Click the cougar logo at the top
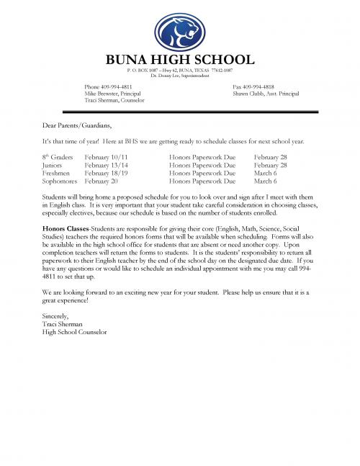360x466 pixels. click(x=180, y=32)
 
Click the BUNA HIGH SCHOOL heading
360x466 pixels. click(x=180, y=60)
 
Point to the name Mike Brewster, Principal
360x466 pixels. click(x=112, y=94)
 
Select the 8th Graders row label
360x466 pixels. click(x=58, y=156)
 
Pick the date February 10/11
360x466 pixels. click(x=106, y=156)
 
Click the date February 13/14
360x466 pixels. click(x=106, y=165)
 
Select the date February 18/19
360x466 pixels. click(x=106, y=174)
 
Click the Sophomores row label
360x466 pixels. click(x=60, y=182)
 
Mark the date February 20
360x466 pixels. click(x=102, y=182)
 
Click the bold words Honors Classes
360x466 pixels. click(x=63, y=228)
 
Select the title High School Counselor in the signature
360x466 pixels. click(x=74, y=332)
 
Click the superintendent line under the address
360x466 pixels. click(x=180, y=75)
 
